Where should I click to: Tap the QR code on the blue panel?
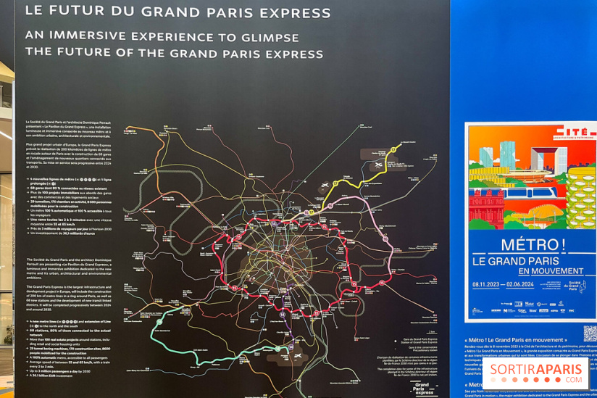pos(590,333)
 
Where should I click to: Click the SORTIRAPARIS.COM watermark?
pos(536,373)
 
